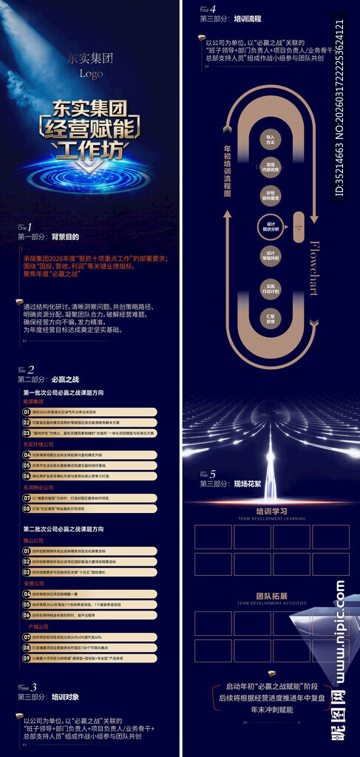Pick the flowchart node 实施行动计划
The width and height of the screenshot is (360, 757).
271,288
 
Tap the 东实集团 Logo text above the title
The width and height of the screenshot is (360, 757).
90,65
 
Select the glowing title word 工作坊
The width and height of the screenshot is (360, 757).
89,152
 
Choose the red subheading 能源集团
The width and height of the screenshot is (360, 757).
34,401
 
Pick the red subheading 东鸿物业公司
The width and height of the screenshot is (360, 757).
38,488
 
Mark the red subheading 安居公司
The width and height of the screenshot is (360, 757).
34,583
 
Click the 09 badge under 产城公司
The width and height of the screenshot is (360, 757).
27,657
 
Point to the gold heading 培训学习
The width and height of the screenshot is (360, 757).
271,510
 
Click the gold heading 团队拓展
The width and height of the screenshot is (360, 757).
271,595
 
